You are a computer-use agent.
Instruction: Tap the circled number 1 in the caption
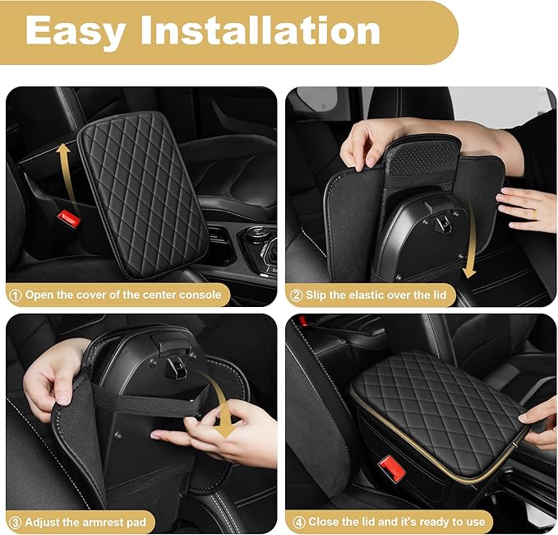click(x=15, y=294)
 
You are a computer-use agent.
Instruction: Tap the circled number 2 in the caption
click(x=295, y=294)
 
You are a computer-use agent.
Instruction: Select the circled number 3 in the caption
click(x=15, y=521)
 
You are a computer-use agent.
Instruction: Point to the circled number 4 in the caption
click(x=295, y=521)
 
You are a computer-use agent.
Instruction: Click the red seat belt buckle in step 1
click(x=68, y=220)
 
